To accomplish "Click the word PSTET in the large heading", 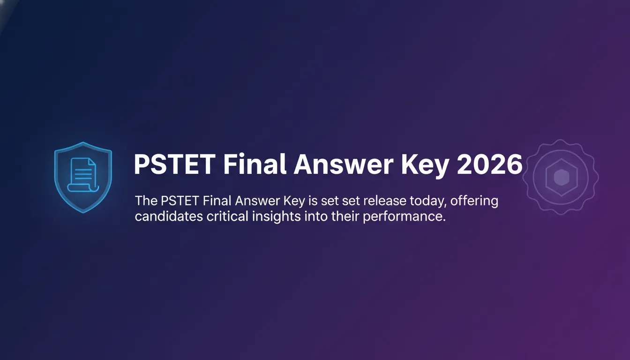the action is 174,165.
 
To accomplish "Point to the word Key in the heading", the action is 425,166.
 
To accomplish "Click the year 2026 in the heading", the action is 489,165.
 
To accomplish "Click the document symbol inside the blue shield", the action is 83,175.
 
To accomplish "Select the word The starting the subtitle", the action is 146,201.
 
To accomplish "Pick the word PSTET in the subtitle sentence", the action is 180,201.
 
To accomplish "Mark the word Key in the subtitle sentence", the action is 294,202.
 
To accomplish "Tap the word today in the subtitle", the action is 428,202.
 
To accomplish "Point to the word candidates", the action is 169,217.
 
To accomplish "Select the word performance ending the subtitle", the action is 405,217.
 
